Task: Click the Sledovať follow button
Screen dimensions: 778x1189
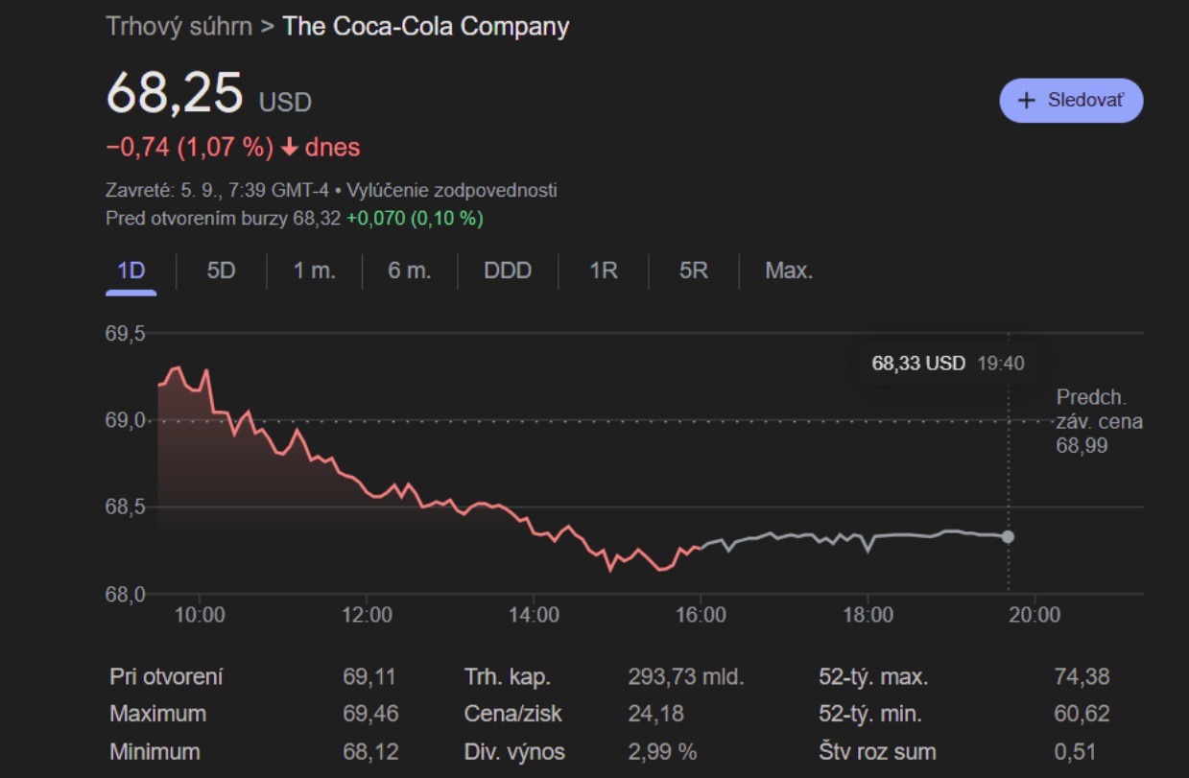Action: [1071, 101]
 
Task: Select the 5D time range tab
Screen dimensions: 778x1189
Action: [221, 271]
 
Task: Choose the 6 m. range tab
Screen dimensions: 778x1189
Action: [410, 271]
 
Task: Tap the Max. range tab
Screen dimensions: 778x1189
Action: [789, 271]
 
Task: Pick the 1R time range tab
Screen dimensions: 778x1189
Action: [603, 271]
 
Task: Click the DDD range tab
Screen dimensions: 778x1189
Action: [508, 271]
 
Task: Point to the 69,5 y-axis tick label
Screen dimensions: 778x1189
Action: [125, 334]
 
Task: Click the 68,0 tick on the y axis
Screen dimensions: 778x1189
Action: [125, 594]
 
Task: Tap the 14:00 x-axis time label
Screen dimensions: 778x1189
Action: [534, 615]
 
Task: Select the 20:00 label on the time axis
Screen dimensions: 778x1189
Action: [1034, 615]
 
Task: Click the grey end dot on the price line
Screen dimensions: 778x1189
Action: [1008, 536]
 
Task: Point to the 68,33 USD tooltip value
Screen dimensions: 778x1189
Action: [918, 364]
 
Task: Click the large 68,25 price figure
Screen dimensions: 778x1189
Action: [175, 93]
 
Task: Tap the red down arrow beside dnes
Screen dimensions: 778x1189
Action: [289, 148]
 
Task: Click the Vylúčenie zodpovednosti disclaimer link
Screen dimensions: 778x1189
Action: [452, 191]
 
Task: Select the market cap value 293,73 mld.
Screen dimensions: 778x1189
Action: [685, 677]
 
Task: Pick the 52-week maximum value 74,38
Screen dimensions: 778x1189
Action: [1082, 677]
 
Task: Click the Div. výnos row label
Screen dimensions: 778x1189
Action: [514, 751]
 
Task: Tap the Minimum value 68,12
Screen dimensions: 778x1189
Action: [369, 751]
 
